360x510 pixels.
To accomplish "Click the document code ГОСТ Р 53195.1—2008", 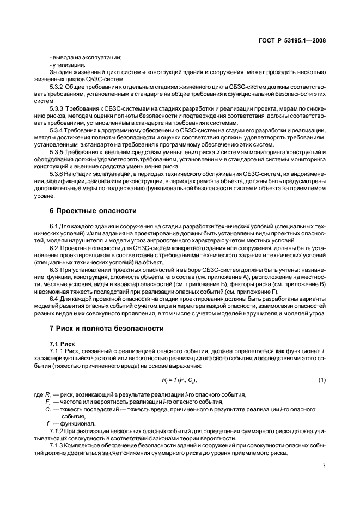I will (x=295, y=40).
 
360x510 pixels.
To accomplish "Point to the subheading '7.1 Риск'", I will (x=62, y=344).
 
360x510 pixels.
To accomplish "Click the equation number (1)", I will (x=322, y=379).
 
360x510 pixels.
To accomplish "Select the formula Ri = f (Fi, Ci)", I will (x=179, y=379).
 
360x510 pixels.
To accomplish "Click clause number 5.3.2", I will (x=58, y=87).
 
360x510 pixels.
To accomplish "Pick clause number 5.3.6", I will (x=58, y=173).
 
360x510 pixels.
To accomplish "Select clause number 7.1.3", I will (x=60, y=445).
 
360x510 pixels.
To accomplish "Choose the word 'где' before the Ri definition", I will (x=39, y=394).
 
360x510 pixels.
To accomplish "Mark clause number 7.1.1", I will (x=60, y=352).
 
